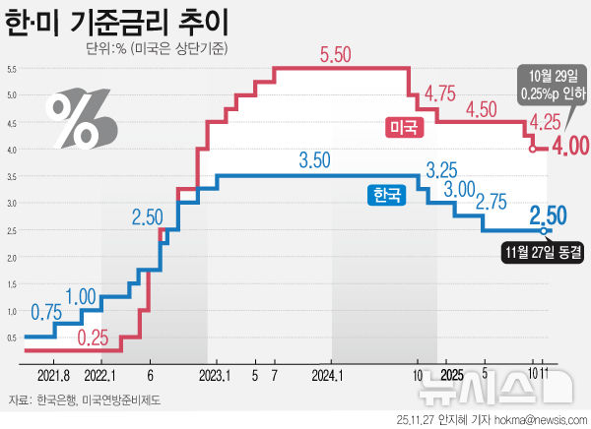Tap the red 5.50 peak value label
[335, 56]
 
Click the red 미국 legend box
[402, 126]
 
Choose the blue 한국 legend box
[386, 195]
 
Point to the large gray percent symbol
[81, 117]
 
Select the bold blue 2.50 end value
[548, 214]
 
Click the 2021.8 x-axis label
[52, 375]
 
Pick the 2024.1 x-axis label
[326, 375]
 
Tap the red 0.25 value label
[93, 337]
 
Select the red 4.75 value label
[439, 94]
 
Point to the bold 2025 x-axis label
[451, 375]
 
